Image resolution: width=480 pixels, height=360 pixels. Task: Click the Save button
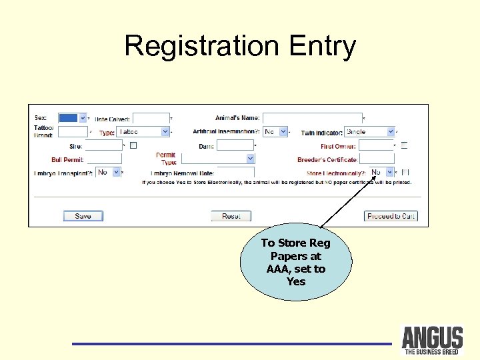click(x=83, y=216)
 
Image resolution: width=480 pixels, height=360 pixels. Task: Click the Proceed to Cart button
click(x=391, y=216)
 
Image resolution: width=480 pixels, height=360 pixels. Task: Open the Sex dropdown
click(x=73, y=118)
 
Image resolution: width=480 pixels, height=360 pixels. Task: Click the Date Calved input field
click(x=150, y=119)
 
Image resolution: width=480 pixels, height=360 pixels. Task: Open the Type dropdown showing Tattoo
click(x=143, y=132)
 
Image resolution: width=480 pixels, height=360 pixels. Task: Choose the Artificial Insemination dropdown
click(x=275, y=132)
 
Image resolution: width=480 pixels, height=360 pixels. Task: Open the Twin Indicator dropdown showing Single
click(x=369, y=132)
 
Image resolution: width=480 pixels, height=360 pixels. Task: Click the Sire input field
click(x=103, y=145)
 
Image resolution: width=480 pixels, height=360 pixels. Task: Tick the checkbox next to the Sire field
click(x=133, y=145)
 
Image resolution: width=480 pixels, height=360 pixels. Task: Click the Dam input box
click(x=235, y=145)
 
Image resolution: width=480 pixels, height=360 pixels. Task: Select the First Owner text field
click(x=376, y=145)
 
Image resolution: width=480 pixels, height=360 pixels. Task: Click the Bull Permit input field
click(x=104, y=159)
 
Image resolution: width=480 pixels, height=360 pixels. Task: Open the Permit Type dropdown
click(x=217, y=159)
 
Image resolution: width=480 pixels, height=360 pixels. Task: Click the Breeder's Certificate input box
click(x=377, y=159)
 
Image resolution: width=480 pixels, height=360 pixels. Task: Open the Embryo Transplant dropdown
click(x=107, y=173)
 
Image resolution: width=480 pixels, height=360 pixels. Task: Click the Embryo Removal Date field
click(x=235, y=173)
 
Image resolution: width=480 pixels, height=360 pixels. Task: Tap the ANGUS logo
click(x=432, y=339)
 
